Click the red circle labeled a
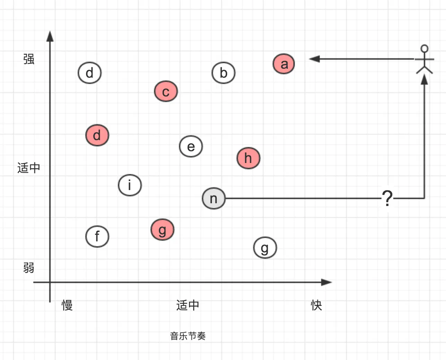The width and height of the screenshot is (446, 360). click(284, 64)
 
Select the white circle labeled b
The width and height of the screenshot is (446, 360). click(223, 73)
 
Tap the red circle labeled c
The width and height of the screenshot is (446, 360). click(166, 92)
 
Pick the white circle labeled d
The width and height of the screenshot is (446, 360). click(89, 73)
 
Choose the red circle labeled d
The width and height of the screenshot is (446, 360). click(97, 135)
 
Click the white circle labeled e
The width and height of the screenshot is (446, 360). click(191, 146)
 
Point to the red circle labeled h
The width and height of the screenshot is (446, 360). click(248, 158)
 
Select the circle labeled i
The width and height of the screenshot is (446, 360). click(130, 185)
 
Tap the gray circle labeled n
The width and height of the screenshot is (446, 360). click(214, 198)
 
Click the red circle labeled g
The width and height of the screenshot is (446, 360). click(162, 230)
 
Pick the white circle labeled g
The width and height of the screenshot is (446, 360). click(265, 248)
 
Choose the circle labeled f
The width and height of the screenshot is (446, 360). click(97, 237)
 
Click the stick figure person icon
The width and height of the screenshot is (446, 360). click(424, 60)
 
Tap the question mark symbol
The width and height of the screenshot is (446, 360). click(387, 198)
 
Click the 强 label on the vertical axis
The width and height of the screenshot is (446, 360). click(29, 59)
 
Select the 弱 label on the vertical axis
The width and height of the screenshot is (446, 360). click(29, 268)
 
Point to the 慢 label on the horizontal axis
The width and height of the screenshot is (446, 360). click(67, 305)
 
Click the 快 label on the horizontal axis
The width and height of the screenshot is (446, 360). click(316, 305)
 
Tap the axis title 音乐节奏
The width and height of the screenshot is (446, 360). click(188, 336)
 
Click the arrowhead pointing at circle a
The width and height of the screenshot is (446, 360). click(314, 59)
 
